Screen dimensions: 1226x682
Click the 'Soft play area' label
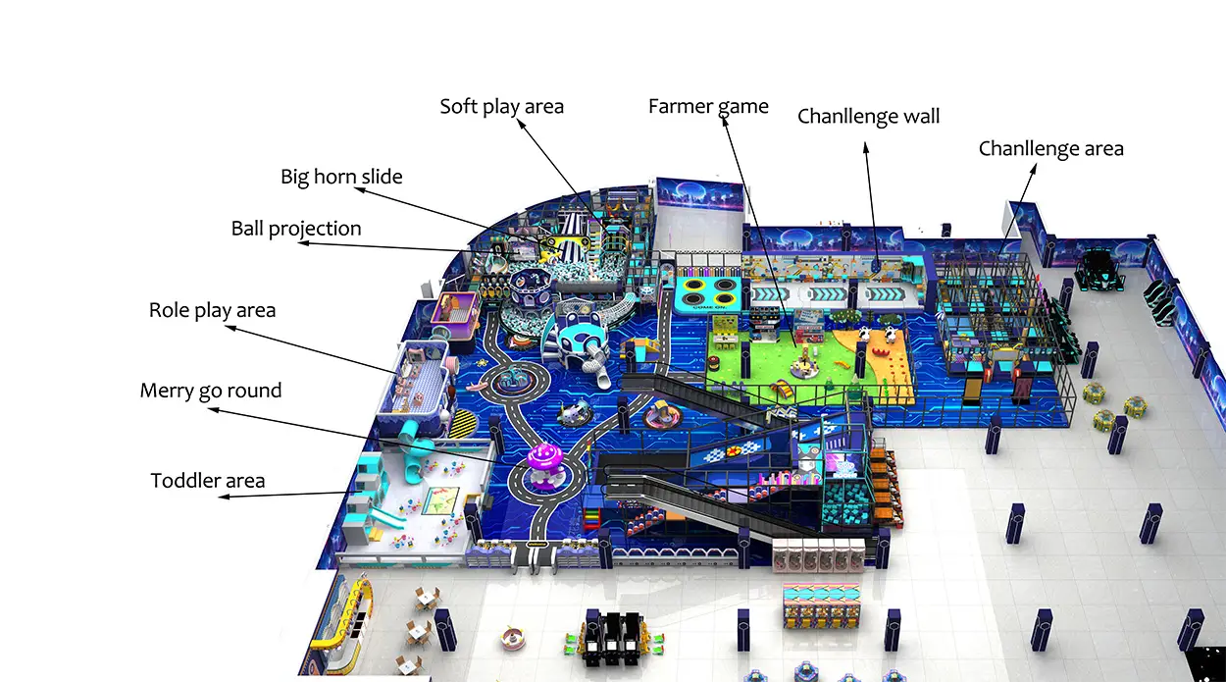click(x=501, y=107)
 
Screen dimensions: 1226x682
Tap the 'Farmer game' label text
click(x=708, y=107)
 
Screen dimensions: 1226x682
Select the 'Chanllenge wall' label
click(x=868, y=116)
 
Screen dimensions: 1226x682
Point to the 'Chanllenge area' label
click(x=1050, y=148)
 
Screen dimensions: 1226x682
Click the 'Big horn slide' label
click(x=341, y=177)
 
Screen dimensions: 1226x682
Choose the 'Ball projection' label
click(x=296, y=229)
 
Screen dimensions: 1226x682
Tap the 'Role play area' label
click(x=213, y=311)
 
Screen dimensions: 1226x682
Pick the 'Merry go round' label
click(x=211, y=392)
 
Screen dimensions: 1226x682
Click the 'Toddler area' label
click(x=207, y=481)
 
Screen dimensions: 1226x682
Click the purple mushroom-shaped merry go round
click(x=544, y=464)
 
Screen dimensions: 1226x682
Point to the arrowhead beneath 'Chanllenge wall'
click(x=866, y=147)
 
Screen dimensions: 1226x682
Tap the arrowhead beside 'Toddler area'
click(x=224, y=497)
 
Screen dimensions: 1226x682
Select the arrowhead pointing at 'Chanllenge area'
click(x=1033, y=169)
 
